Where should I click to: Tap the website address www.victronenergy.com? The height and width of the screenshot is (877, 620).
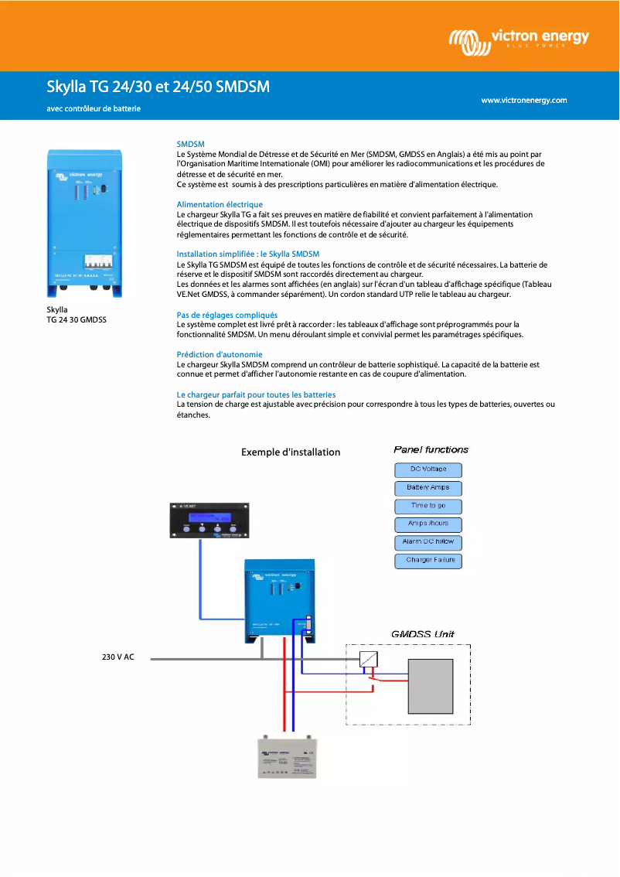tap(523, 100)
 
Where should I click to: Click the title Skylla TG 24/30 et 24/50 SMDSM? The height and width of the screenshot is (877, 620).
tap(158, 87)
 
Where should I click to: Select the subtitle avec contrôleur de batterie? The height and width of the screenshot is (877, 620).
tap(94, 109)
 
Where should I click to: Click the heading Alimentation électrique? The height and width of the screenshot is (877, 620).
tap(220, 204)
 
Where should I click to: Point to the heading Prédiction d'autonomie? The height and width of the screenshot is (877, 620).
tap(219, 354)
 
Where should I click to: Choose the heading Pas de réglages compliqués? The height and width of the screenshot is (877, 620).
tap(227, 315)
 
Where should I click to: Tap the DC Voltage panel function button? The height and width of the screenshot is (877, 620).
tap(428, 469)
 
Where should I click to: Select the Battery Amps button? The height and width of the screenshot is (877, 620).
tap(428, 488)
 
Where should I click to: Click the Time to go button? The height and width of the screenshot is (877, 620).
tap(428, 507)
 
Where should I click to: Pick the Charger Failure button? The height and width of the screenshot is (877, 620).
tap(428, 561)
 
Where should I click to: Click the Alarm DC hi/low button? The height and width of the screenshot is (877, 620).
tap(428, 542)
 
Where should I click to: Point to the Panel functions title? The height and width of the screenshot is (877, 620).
tap(431, 449)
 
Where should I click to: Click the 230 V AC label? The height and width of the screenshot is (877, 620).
tap(118, 657)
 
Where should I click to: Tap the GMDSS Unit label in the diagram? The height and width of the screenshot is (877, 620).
tap(422, 634)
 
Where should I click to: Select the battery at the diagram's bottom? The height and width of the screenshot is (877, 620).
tap(292, 758)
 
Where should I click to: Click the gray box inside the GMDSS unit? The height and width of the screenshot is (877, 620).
tap(430, 686)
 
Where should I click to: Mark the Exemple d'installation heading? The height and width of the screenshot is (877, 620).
tap(291, 452)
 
